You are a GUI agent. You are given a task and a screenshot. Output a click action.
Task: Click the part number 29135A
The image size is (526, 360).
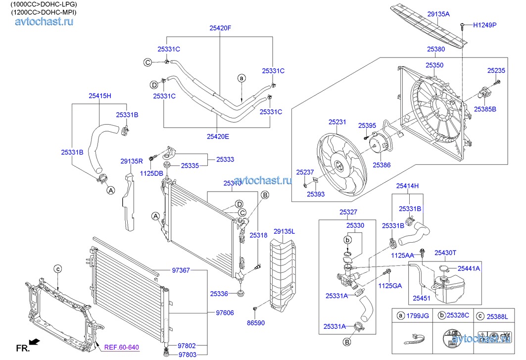[x=438, y=14]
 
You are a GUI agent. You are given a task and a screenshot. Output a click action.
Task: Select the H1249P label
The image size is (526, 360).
[x=484, y=24]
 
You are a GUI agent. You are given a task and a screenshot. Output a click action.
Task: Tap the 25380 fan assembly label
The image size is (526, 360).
[x=435, y=50]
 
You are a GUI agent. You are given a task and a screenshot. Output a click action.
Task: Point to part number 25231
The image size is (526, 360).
[x=337, y=121]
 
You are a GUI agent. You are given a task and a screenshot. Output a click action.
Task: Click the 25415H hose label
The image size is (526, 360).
[x=100, y=95]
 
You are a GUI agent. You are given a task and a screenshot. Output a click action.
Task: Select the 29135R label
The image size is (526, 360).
[x=132, y=161]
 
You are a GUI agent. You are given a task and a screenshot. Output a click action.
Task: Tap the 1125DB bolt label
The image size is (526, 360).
[x=151, y=173]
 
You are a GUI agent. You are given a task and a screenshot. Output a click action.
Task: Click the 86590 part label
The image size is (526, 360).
[x=255, y=322]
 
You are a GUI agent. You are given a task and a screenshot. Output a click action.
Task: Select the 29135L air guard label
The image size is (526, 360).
[x=284, y=231]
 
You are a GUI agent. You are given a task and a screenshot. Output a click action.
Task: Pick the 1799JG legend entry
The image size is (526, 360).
[x=418, y=315]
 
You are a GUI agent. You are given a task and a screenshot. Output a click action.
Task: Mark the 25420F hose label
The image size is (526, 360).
[x=220, y=29]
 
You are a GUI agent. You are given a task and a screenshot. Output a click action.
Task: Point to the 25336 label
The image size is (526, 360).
[x=219, y=294]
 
